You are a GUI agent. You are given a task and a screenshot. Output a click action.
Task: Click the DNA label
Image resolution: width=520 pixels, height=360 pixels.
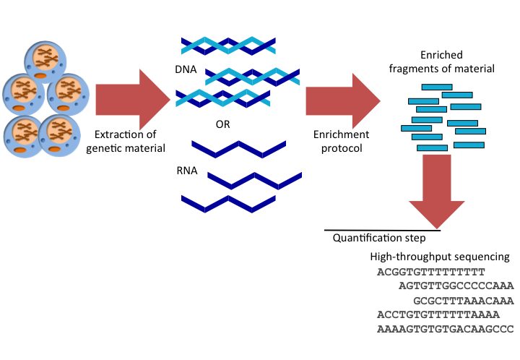coord(183,70)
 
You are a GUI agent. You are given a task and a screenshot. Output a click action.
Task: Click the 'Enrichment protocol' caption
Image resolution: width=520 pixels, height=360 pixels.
coord(341,141)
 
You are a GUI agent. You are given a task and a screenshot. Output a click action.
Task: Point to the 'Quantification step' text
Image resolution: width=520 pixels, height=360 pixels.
coord(378,238)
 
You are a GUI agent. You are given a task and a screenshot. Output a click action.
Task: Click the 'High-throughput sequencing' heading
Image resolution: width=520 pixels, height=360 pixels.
coord(440,257)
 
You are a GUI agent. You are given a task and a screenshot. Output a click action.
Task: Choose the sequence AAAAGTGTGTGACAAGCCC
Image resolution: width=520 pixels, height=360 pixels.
coord(445,329)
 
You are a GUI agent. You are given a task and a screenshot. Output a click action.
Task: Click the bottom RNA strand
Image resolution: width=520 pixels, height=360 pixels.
coord(229,202)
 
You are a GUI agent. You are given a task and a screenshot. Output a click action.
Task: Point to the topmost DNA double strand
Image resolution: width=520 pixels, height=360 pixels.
coord(227,46)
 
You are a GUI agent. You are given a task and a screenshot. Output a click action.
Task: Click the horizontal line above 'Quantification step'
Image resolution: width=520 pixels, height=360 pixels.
coord(382,230)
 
